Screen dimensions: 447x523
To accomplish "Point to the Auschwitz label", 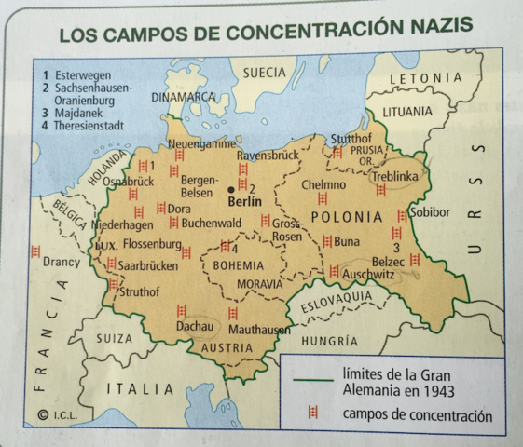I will [x=368, y=275].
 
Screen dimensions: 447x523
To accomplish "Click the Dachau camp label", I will [x=196, y=328].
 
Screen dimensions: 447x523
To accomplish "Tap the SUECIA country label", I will [x=264, y=72].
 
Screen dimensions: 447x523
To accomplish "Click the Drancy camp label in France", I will [x=62, y=262].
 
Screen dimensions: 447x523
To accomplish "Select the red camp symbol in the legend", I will [x=312, y=414].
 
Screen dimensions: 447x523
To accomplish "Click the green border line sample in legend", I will [x=312, y=380].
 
